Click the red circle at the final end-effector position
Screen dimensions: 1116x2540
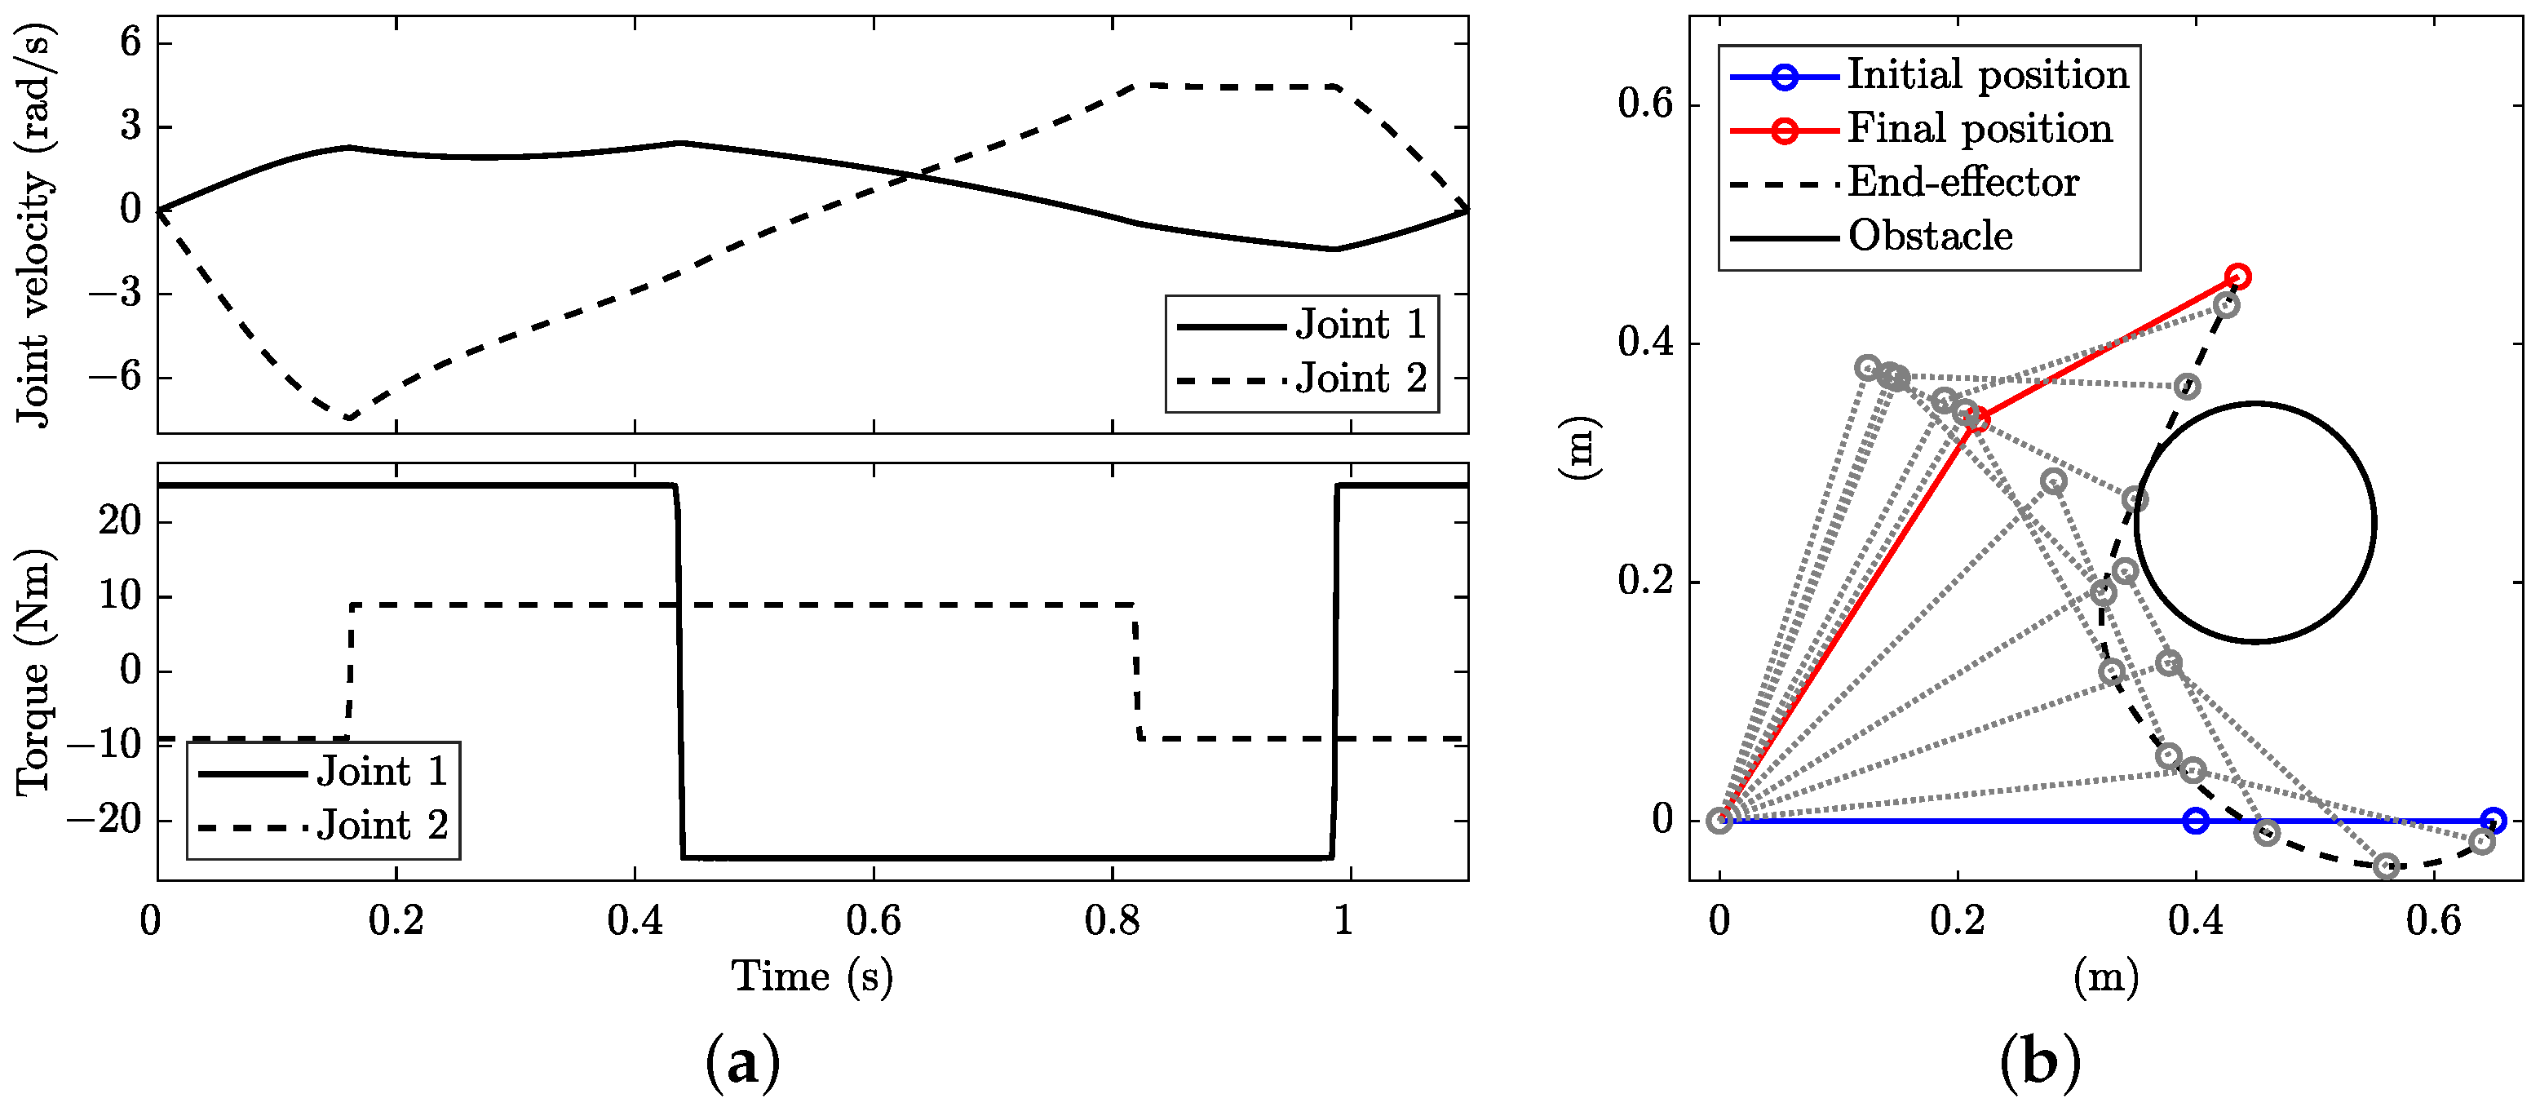tap(2237, 277)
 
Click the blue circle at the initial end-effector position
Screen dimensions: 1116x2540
tap(2493, 820)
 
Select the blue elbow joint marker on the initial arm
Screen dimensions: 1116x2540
tap(2195, 820)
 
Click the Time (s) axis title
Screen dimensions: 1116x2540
tap(812, 977)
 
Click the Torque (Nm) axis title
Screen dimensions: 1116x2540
tap(33, 671)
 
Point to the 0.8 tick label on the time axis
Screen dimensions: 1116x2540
tap(1111, 921)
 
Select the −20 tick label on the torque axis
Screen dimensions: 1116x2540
tap(104, 819)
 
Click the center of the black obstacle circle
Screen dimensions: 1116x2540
tap(2255, 522)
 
